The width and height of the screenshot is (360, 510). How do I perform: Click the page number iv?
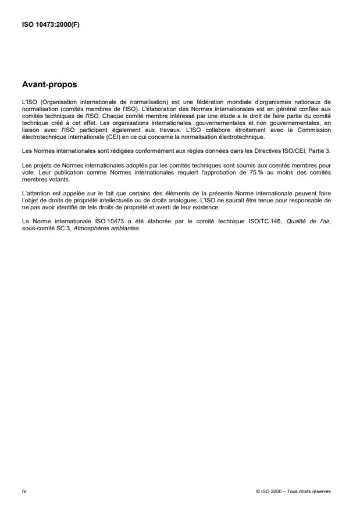(x=24, y=491)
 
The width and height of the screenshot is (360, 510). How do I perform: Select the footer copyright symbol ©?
(x=257, y=491)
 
